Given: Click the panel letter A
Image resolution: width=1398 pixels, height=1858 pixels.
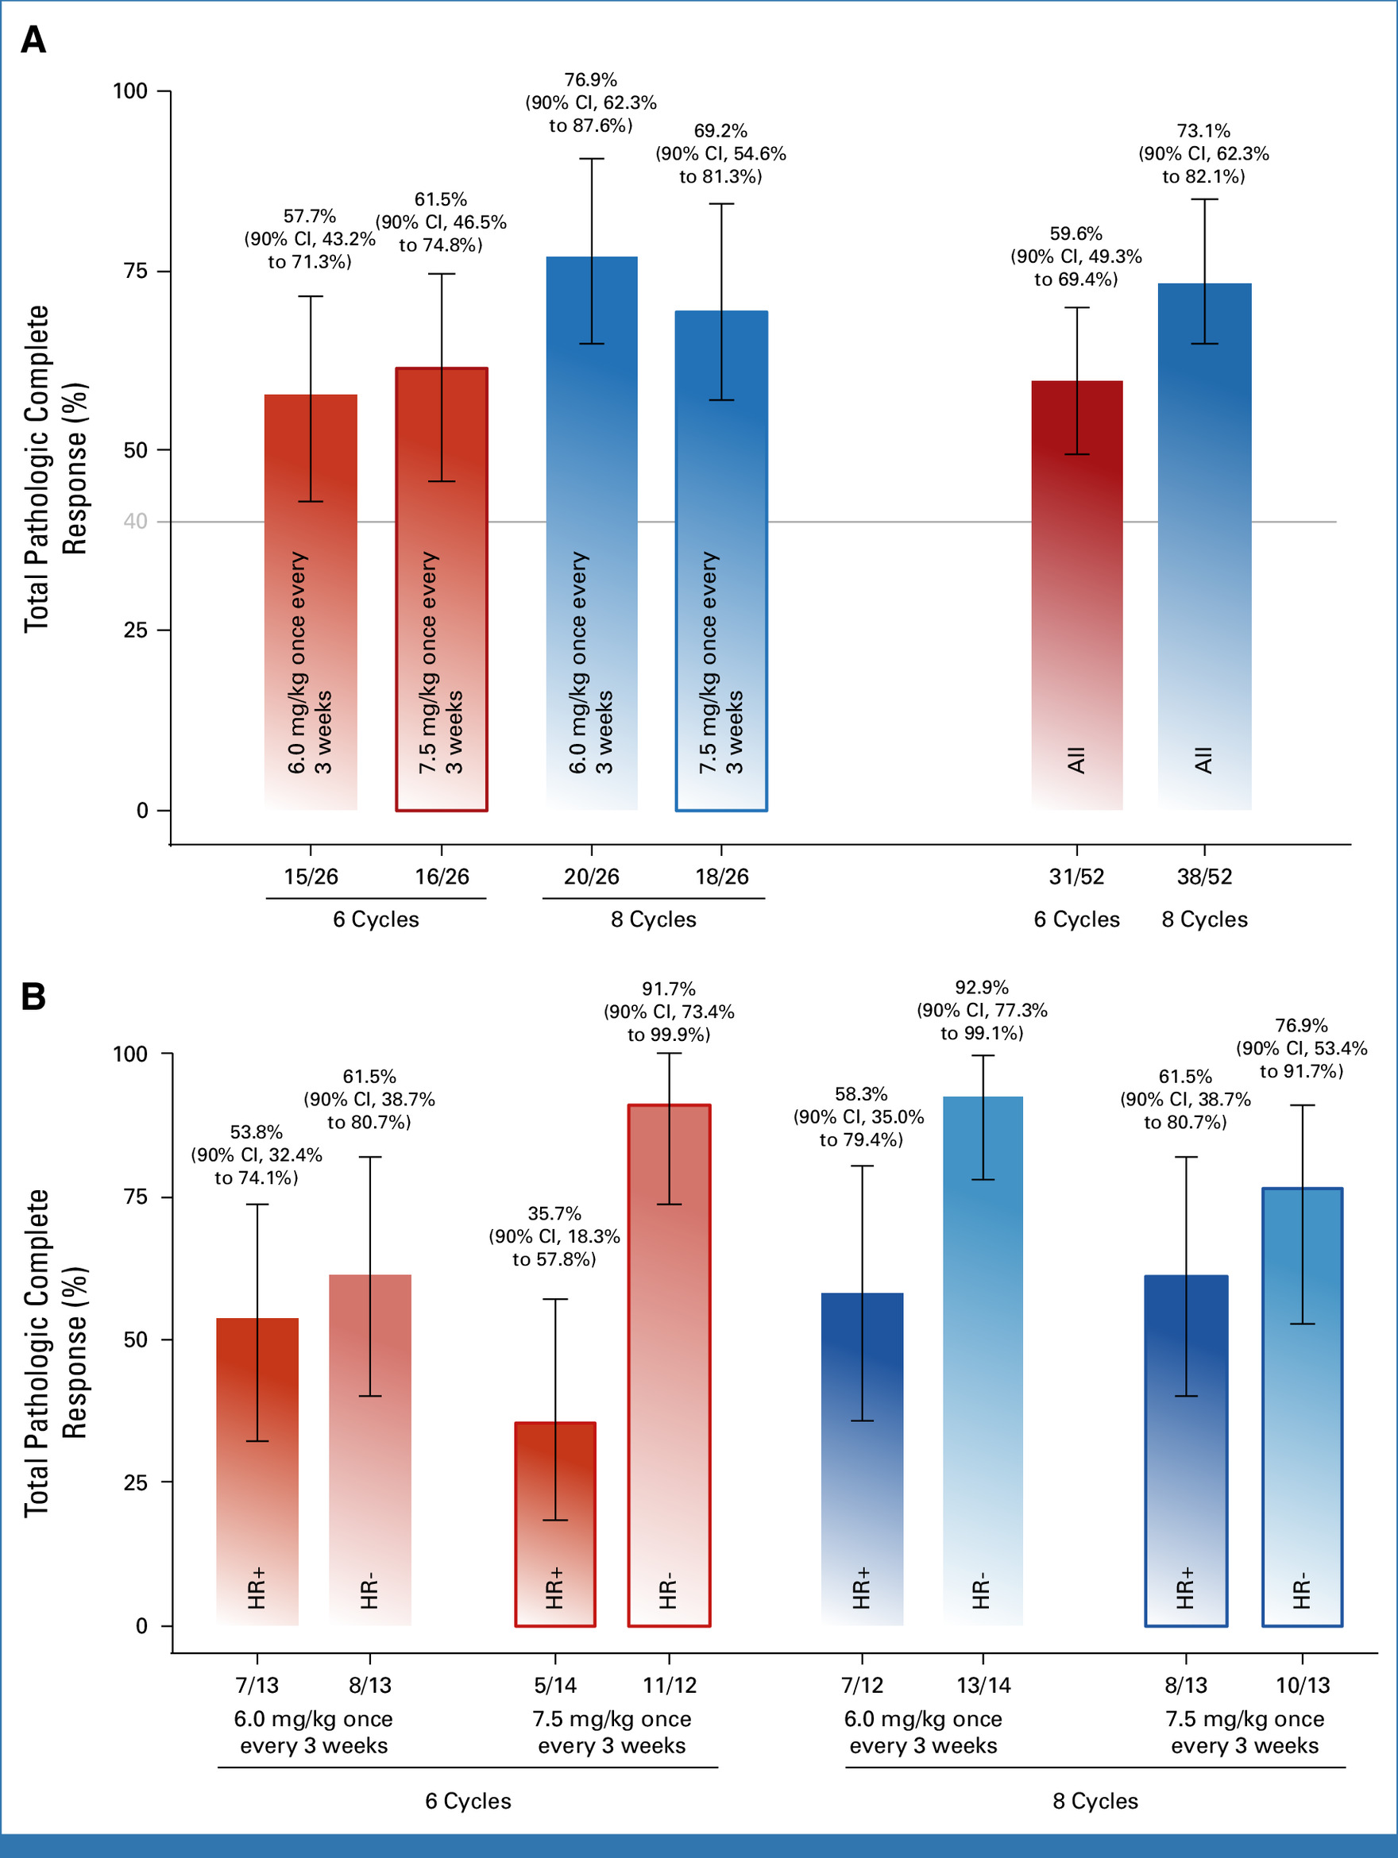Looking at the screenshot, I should point(33,40).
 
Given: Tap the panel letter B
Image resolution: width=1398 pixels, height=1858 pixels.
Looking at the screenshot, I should point(33,996).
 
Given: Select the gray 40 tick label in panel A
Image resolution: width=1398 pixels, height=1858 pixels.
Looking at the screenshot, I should point(135,522).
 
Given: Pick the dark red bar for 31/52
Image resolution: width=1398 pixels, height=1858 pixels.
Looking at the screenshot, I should point(1076,596).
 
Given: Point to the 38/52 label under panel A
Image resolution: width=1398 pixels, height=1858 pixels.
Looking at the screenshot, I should point(1204,877).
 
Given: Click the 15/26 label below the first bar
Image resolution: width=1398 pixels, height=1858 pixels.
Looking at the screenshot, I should point(311,877).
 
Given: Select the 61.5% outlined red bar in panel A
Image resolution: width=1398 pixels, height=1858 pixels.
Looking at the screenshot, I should point(441,588).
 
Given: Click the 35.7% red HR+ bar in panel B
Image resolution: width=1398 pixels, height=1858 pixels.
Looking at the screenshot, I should point(554,1525).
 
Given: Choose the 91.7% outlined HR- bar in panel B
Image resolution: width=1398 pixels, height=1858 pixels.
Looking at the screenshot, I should point(669,1365).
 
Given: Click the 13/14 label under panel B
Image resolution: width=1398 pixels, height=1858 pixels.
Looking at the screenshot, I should point(983,1685).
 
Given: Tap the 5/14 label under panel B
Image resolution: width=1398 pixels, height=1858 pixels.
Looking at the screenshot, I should point(554,1685).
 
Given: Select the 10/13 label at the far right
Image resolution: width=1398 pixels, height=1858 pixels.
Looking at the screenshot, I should point(1302,1685).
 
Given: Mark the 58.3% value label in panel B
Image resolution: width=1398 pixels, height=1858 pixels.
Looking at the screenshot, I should point(860,1093).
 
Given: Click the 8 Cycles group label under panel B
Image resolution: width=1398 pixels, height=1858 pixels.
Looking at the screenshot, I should point(1095,1801).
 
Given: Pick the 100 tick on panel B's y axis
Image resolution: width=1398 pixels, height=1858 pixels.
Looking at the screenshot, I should point(130,1054).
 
